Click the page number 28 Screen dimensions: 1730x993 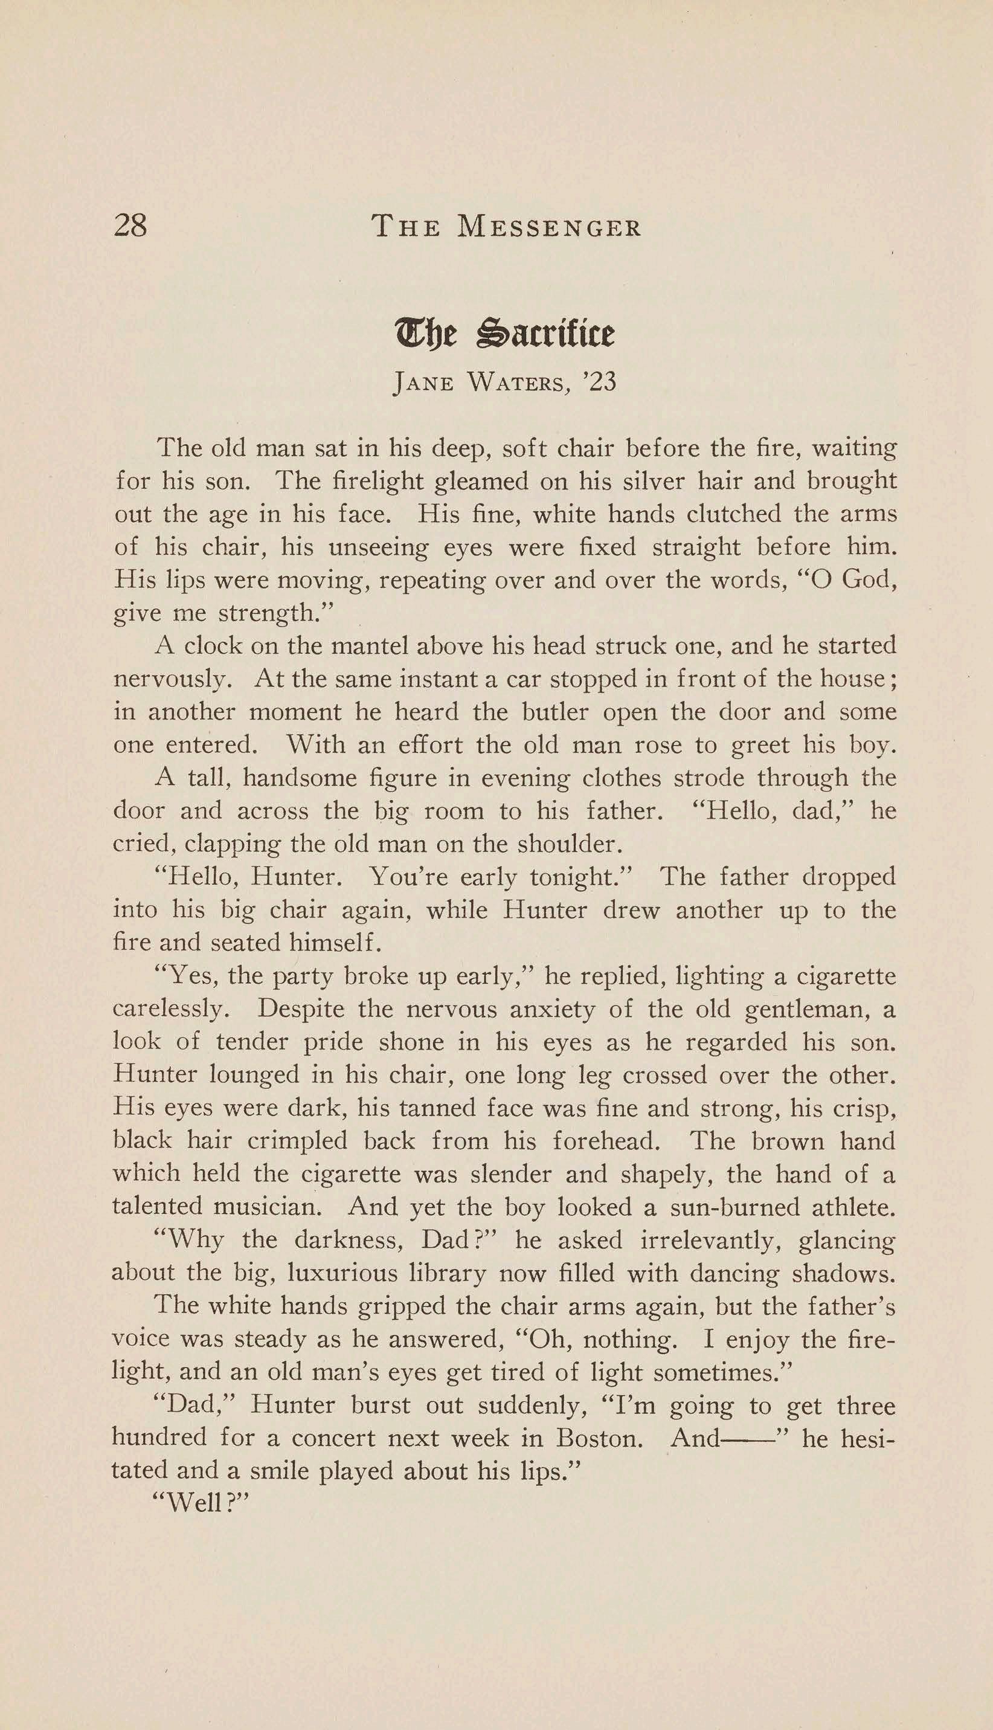coord(130,225)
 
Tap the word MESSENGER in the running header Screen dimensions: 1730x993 coord(550,227)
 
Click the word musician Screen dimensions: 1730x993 coord(266,1207)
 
